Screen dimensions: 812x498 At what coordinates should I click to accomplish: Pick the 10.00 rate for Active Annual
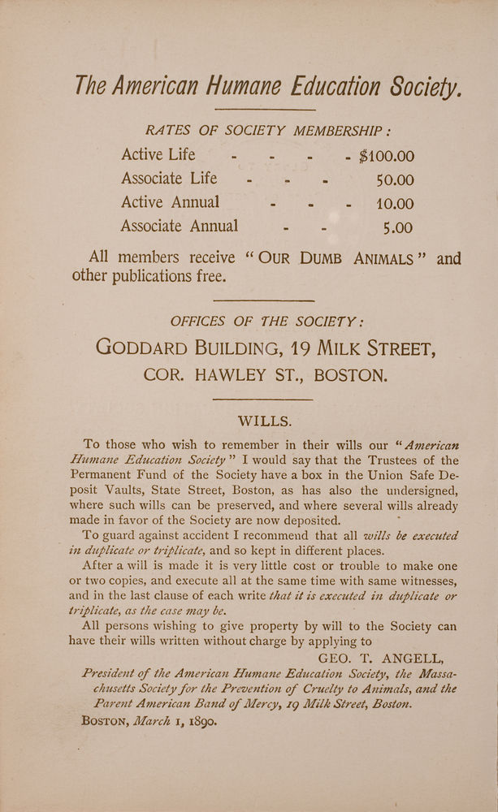(394, 204)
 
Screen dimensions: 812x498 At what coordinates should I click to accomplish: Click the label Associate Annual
(180, 226)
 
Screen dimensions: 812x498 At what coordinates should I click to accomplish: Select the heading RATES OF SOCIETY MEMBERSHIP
(266, 131)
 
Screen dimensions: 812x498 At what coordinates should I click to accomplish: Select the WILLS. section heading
(264, 421)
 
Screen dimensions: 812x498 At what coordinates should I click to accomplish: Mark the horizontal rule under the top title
(264, 110)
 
